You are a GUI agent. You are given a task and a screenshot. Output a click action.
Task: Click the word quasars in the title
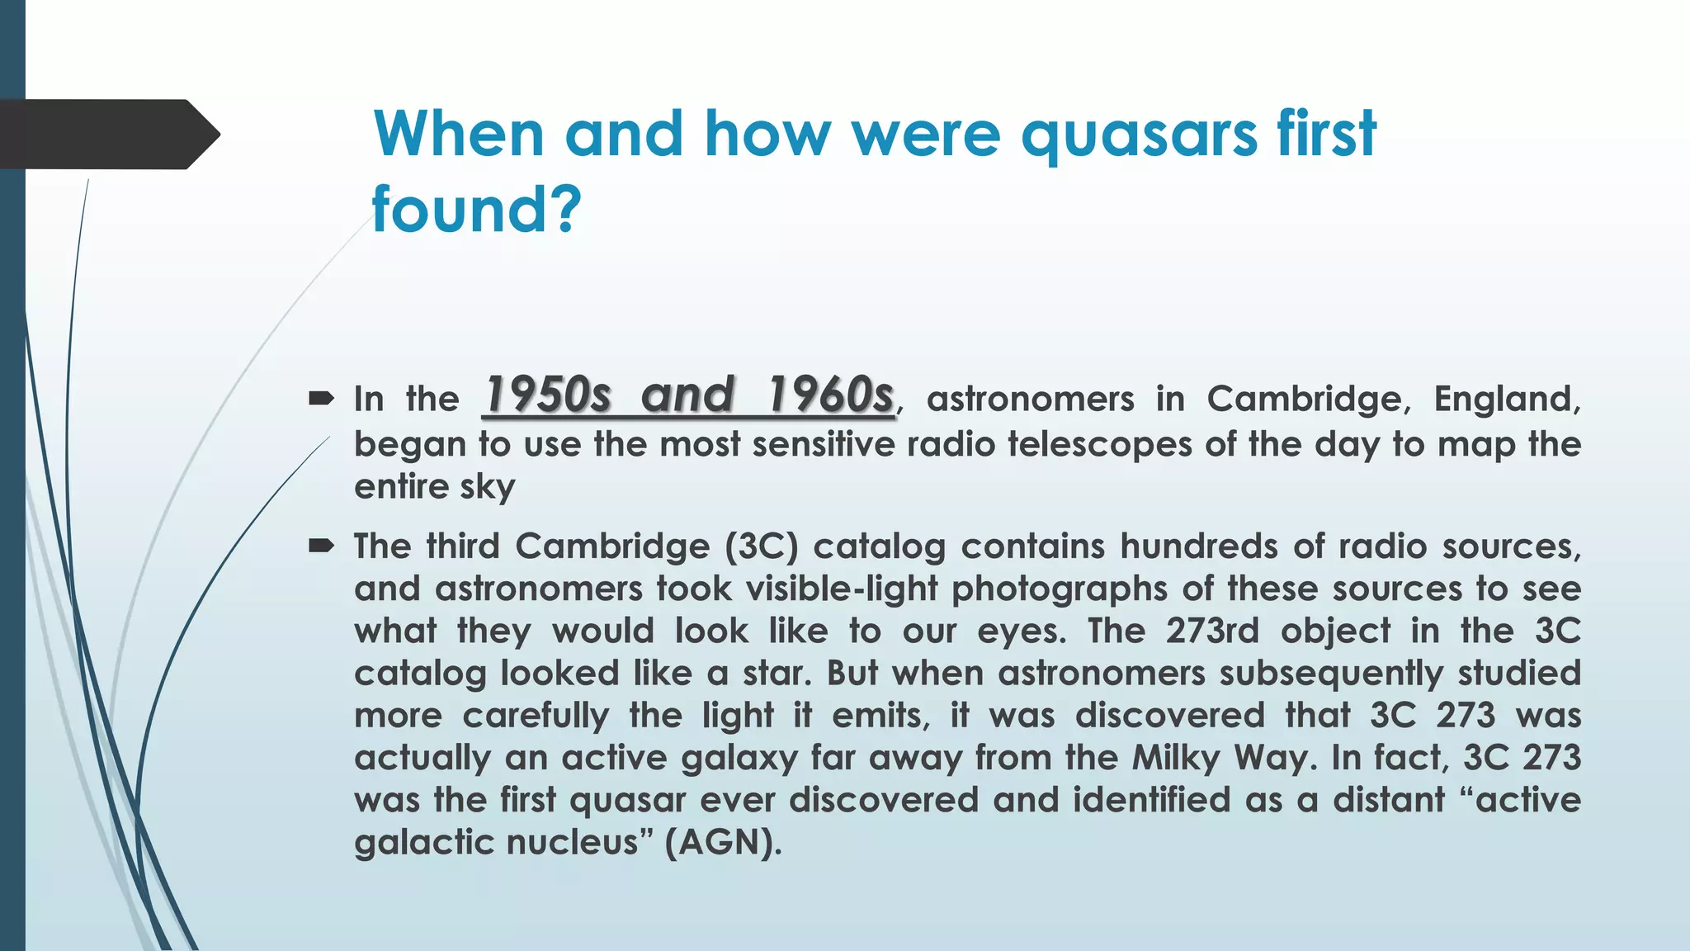[x=1139, y=135]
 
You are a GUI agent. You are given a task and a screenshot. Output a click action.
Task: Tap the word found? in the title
[x=477, y=210]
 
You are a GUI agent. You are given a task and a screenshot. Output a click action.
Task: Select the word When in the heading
[x=459, y=134]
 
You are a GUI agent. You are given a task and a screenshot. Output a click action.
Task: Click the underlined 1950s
[x=548, y=395]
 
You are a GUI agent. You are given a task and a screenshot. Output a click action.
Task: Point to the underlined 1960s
[x=830, y=395]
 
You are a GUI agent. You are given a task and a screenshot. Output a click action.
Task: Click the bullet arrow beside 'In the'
[x=321, y=400]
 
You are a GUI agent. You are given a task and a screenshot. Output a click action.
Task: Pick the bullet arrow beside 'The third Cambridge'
[x=321, y=546]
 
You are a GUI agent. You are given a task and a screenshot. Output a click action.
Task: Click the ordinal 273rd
[x=1212, y=632]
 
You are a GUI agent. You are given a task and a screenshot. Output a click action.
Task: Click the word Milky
[x=1176, y=758]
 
